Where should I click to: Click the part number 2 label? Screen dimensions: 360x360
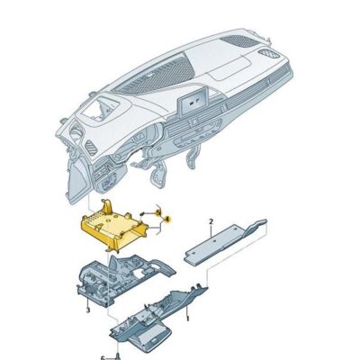point(210,220)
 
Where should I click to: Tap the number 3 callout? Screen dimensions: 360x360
point(87,309)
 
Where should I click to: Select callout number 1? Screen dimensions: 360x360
point(186,318)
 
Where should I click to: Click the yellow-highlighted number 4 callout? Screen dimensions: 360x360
point(166,219)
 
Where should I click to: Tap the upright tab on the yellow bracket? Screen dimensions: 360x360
point(106,207)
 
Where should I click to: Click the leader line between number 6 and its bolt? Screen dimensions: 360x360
point(109,355)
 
